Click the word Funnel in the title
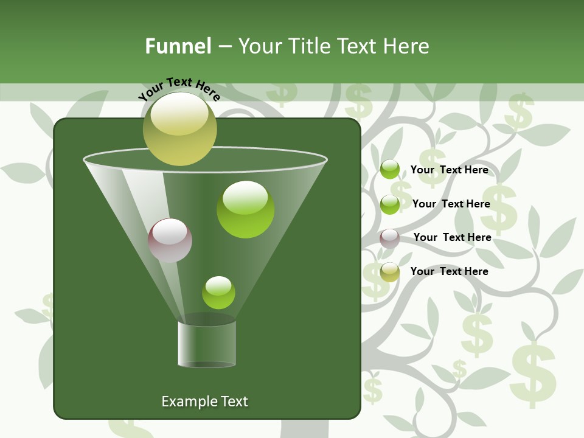click(x=178, y=46)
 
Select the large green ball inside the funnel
click(x=245, y=210)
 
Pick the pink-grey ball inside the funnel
click(x=170, y=240)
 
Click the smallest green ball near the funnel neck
click(x=218, y=293)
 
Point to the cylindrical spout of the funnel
click(x=207, y=344)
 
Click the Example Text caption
click(x=204, y=401)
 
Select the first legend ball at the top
click(x=390, y=170)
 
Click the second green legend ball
click(x=390, y=204)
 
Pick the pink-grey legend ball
click(x=390, y=238)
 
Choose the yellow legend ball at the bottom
click(x=390, y=272)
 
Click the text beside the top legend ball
click(x=449, y=170)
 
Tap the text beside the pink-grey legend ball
click(x=452, y=238)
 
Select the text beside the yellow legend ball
click(x=449, y=271)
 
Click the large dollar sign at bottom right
click(x=533, y=374)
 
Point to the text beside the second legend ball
click(x=451, y=204)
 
